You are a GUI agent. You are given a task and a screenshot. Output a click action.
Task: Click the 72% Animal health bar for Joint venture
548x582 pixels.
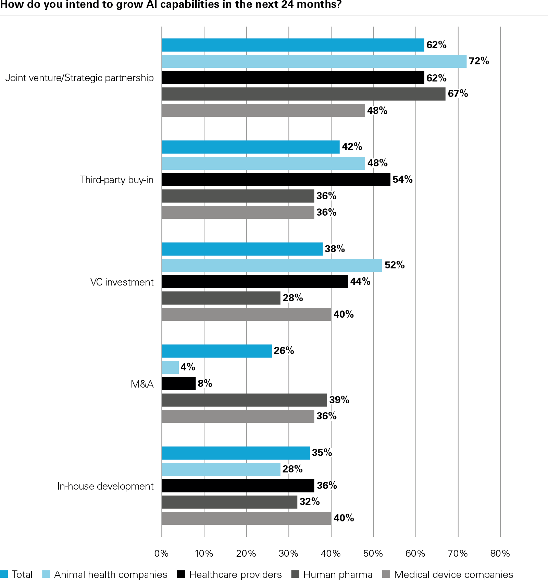click(x=314, y=61)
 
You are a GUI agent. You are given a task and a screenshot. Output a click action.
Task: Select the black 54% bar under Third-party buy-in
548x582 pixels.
click(x=276, y=180)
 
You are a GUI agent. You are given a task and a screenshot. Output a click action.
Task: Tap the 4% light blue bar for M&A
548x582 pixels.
click(x=170, y=367)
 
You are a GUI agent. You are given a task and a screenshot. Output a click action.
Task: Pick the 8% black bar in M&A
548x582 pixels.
click(x=178, y=384)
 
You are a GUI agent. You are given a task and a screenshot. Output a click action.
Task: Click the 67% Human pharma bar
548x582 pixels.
click(x=303, y=94)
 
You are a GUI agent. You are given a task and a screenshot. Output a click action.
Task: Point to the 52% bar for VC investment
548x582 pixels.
click(x=272, y=265)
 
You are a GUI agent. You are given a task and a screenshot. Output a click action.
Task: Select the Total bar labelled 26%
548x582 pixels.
click(x=216, y=351)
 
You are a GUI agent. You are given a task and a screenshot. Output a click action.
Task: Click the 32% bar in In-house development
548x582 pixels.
click(x=229, y=502)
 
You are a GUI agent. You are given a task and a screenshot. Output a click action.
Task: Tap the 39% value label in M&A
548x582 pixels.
click(x=339, y=400)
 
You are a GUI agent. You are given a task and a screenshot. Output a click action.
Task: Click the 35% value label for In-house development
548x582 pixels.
click(x=322, y=453)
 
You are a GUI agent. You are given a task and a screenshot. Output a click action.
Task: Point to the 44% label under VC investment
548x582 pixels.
click(x=360, y=281)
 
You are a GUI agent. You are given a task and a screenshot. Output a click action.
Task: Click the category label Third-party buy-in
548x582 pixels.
click(x=116, y=180)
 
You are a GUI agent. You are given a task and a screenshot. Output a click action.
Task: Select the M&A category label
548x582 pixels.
click(x=142, y=384)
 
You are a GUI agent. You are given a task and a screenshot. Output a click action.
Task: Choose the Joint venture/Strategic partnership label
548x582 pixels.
click(x=79, y=78)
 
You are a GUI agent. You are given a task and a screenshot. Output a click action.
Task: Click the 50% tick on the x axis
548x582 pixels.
click(x=373, y=553)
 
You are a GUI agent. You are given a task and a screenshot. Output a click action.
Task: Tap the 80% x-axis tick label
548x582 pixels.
click(x=500, y=553)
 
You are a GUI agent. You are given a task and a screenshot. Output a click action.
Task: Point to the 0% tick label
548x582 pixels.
click(x=161, y=553)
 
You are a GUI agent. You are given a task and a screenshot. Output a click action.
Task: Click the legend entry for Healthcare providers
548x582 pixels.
click(x=235, y=574)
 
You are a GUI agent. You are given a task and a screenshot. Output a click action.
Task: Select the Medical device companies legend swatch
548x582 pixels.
click(x=386, y=574)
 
